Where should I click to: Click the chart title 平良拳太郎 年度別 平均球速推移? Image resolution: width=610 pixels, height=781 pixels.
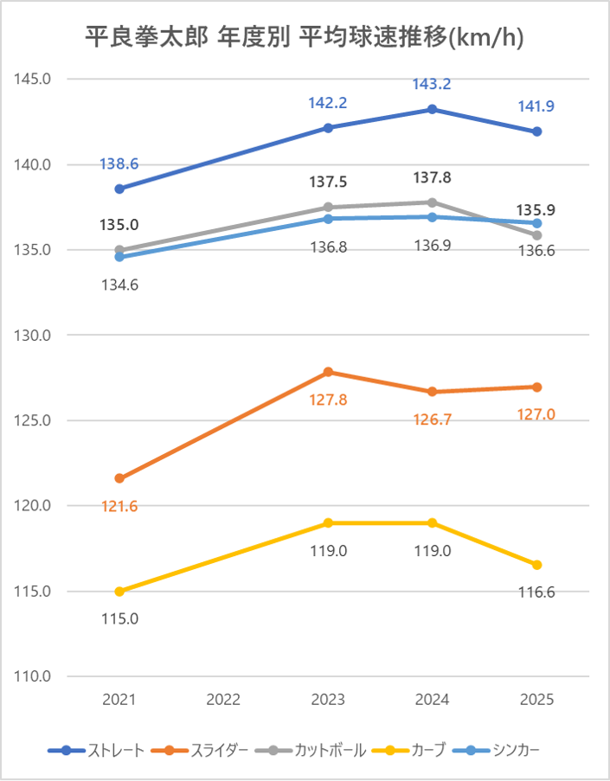click(305, 37)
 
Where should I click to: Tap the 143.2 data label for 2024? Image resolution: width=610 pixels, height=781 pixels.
click(432, 85)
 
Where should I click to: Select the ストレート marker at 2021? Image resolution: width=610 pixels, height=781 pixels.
click(119, 189)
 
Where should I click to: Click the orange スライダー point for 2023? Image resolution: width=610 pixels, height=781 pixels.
click(328, 372)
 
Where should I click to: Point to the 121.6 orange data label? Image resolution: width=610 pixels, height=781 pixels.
click(119, 506)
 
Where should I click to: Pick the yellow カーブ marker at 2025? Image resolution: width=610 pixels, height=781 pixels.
click(536, 565)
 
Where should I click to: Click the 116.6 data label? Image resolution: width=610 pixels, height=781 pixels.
click(536, 592)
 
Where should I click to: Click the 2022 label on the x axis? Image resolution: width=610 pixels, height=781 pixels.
click(223, 700)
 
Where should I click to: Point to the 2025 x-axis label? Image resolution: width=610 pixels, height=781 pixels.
click(536, 700)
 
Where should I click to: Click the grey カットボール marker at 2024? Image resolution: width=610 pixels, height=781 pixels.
click(432, 202)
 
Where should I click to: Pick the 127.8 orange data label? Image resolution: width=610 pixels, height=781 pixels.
click(328, 400)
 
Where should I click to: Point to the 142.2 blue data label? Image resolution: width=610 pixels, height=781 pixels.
click(328, 103)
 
